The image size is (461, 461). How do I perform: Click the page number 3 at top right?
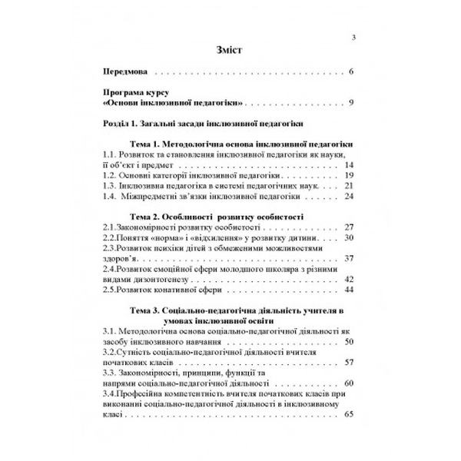point(352,37)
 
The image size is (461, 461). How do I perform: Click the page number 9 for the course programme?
point(349,103)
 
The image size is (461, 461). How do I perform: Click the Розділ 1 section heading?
point(204,123)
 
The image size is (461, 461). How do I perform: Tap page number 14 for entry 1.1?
point(348,165)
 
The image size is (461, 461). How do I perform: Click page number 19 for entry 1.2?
point(348,175)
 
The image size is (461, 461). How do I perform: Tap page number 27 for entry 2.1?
point(348,228)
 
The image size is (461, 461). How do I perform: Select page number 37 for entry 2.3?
point(348,259)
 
